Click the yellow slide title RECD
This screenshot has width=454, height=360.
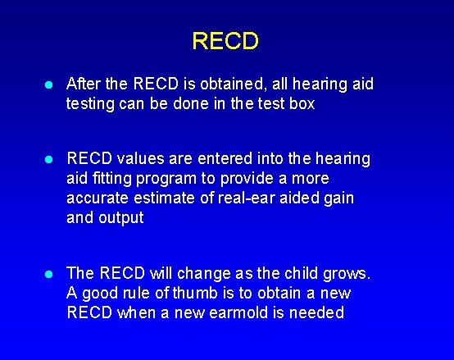click(x=225, y=41)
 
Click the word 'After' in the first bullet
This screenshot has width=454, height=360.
click(x=84, y=84)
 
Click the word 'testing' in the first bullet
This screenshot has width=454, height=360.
click(x=93, y=104)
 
